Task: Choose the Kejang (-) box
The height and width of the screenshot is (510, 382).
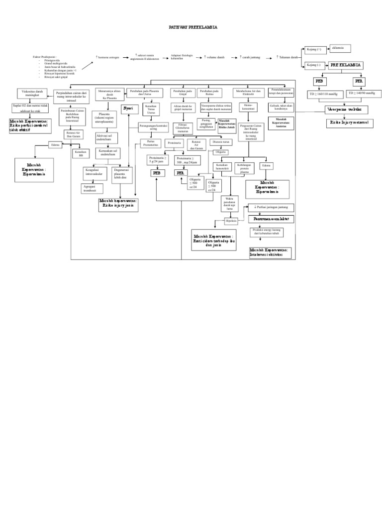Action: pos(315,65)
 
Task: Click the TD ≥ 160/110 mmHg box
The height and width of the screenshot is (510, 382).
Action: pos(323,94)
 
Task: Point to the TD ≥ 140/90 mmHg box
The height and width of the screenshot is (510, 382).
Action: pos(363,93)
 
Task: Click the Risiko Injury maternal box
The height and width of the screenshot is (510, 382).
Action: pos(350,123)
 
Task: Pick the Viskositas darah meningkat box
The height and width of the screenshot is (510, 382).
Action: pos(31,93)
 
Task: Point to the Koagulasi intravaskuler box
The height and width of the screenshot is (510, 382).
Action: pos(96,173)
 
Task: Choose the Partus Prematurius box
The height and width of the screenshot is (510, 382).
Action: pos(150,143)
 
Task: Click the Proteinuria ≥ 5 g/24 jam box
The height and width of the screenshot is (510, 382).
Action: pos(158,160)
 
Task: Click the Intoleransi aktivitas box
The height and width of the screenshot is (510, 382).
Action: pos(271,253)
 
